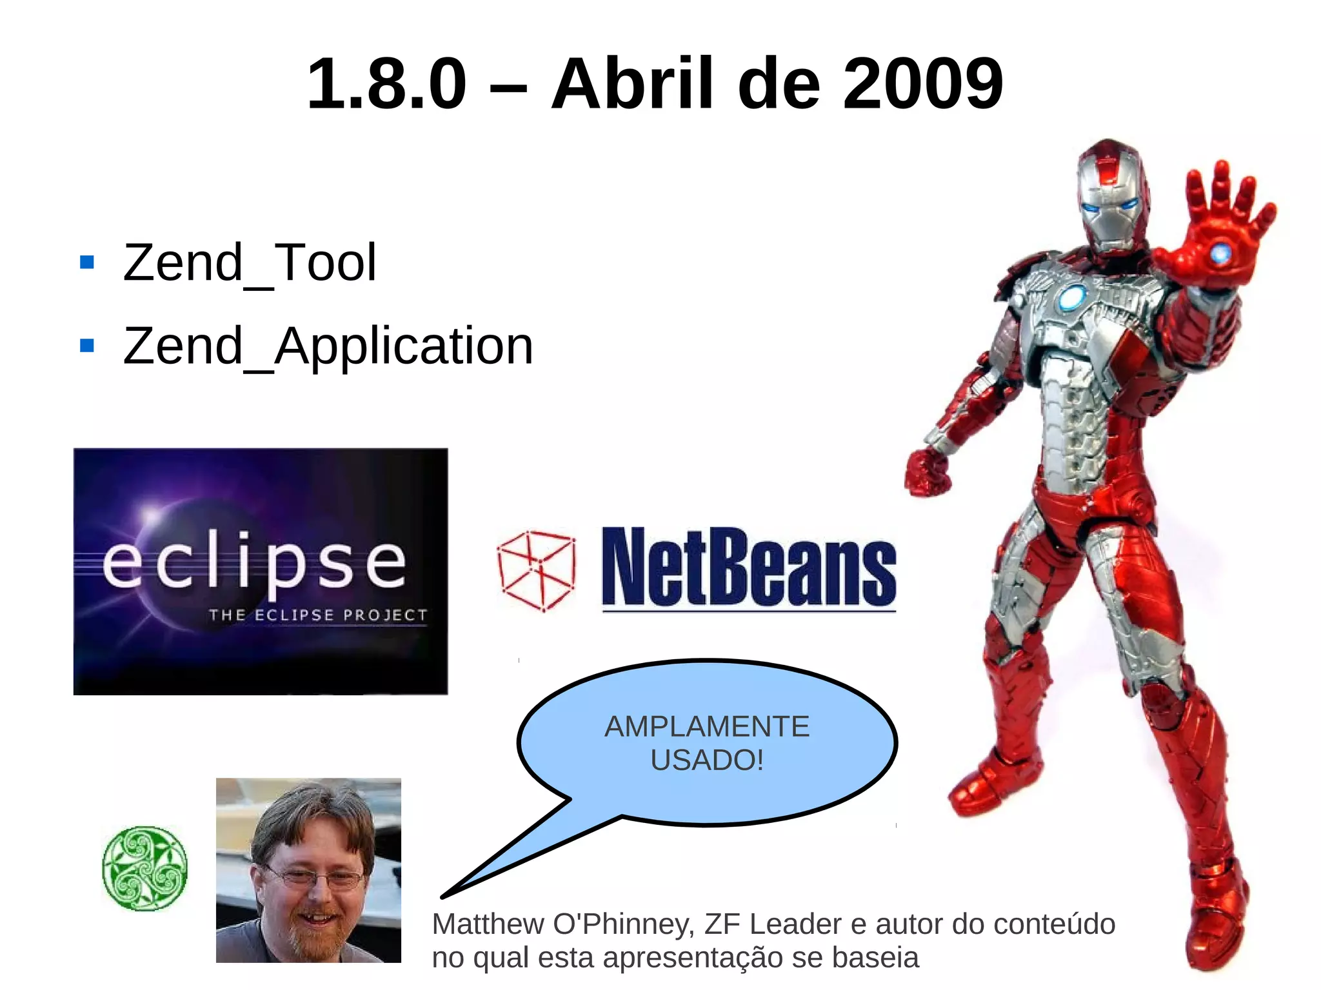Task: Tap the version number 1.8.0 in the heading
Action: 386,84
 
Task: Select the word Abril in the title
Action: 632,84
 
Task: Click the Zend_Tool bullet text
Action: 250,262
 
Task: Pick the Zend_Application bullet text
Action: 328,346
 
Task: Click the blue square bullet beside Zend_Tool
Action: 87,262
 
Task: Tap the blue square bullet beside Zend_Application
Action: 87,346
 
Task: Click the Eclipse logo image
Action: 261,571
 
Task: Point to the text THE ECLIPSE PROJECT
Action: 318,615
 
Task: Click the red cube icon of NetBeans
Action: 537,571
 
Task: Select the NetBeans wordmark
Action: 748,568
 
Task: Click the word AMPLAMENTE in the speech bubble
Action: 707,727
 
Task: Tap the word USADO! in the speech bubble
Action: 707,760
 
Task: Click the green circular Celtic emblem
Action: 145,868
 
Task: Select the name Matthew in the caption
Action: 488,924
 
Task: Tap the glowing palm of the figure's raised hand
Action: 1220,252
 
